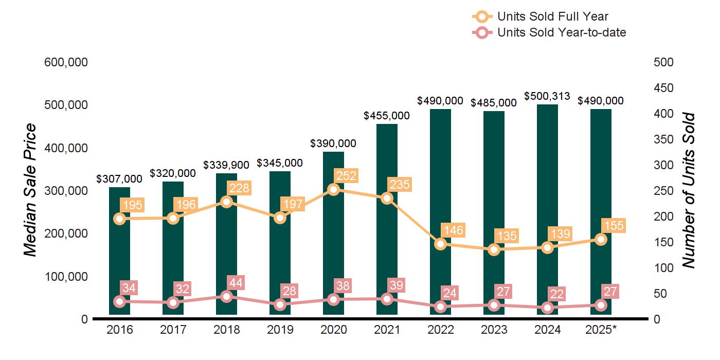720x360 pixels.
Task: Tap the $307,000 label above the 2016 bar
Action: tap(119, 179)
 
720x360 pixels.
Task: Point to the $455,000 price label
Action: tap(387, 116)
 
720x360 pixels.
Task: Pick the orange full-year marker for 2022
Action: tap(440, 244)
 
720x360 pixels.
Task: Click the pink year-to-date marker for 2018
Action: tap(226, 297)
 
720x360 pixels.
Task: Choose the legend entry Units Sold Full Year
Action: tap(552, 16)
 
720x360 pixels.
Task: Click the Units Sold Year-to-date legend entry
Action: tap(561, 32)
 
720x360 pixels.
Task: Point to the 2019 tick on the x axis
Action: tap(280, 330)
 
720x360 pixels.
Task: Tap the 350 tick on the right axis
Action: tap(663, 139)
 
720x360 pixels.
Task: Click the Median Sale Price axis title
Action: tap(30, 190)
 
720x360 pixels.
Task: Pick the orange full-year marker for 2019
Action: tap(280, 218)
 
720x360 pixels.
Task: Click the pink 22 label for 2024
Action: tap(558, 294)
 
